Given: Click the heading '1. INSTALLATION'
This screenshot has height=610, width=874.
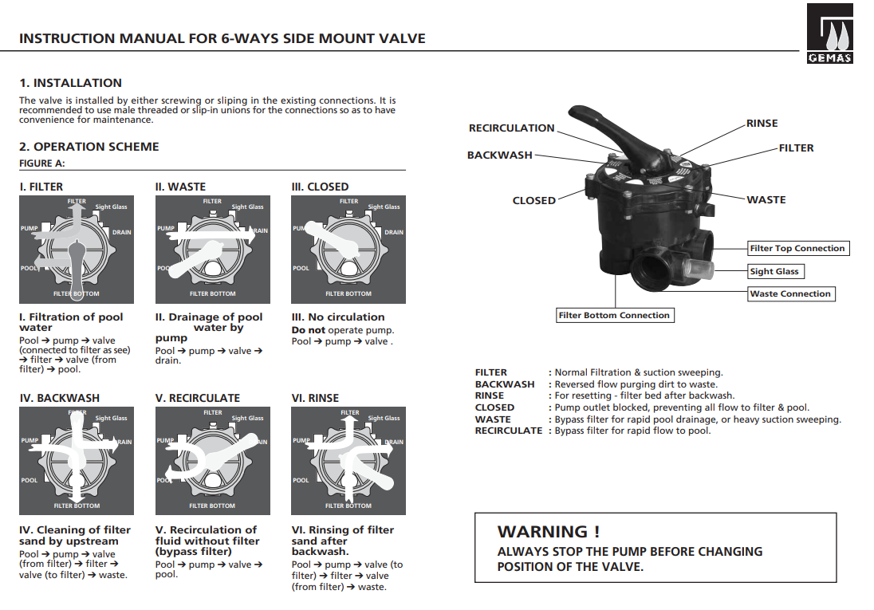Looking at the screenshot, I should coord(71,83).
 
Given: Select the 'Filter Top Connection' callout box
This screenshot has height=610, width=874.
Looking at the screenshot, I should coord(797,249).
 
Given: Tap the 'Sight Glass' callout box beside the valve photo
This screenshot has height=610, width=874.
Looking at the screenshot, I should coord(774,272).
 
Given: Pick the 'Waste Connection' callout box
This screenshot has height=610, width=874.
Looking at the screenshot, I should coord(790,294).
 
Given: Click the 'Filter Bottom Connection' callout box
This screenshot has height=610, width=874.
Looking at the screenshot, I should coord(614,316).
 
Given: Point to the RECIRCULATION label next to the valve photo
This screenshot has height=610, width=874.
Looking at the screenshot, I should coord(511,128).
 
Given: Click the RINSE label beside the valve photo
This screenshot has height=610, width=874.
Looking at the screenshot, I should coord(762,124).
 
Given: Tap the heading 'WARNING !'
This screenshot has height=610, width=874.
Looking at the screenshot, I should coord(548,532).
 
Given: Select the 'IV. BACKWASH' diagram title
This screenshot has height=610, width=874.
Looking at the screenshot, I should coord(60,398).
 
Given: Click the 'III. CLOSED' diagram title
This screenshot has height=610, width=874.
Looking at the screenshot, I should coord(320,187).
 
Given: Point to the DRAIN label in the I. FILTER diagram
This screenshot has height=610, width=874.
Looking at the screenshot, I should coord(121,233).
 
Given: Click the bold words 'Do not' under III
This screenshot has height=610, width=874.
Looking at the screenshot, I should coord(308,330).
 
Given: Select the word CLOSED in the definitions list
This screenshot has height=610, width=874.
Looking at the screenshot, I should coord(494,407).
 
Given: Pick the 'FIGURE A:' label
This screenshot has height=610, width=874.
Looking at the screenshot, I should coord(41,163).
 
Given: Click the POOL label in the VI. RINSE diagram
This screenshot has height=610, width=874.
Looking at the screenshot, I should coord(301,480).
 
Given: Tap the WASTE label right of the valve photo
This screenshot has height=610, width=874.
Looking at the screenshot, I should coord(766,200).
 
